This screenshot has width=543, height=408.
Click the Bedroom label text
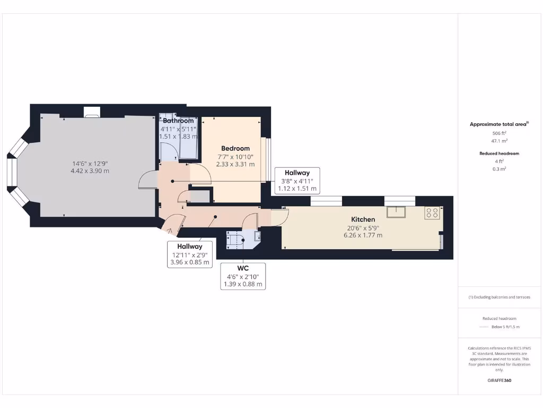point(235,148)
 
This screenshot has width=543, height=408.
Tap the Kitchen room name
point(363,219)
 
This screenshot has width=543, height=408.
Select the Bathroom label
point(178,121)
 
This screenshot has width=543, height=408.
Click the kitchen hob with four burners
point(432,213)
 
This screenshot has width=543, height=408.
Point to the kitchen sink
point(396,212)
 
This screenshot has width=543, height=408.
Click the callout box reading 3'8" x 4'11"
point(297,181)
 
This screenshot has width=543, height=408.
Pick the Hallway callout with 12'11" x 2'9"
point(189,254)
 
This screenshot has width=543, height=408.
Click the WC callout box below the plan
point(243,276)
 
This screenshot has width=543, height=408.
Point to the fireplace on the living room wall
point(91,112)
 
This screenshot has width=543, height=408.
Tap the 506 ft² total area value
point(500,133)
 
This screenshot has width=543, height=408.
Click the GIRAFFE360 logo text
point(500,380)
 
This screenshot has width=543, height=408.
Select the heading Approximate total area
point(498,124)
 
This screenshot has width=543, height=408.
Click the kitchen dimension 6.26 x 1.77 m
point(363,235)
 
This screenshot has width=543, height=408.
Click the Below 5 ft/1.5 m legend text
point(506,327)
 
